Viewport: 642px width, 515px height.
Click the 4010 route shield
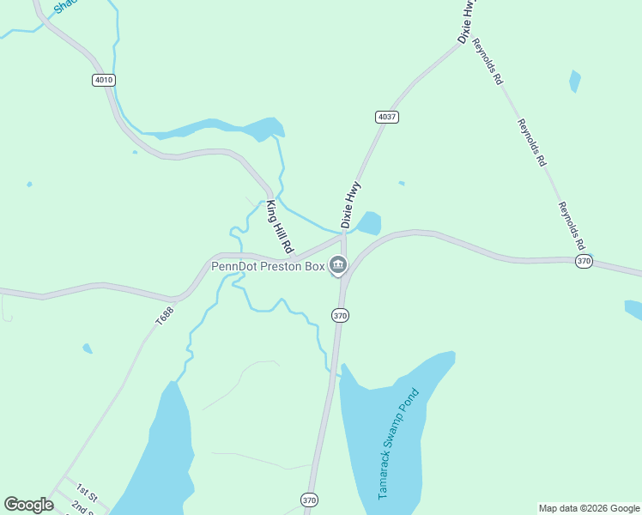(x=103, y=80)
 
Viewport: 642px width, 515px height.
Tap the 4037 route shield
(x=386, y=116)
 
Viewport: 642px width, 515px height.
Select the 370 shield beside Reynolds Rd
(x=584, y=261)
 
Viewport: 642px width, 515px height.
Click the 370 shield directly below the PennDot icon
(x=340, y=316)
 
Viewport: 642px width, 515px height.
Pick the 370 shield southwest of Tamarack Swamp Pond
(x=309, y=499)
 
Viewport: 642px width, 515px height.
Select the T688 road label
(x=164, y=315)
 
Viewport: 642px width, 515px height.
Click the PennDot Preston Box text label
(x=268, y=266)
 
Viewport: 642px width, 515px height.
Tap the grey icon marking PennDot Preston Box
(x=337, y=266)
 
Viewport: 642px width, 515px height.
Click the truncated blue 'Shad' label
(x=64, y=7)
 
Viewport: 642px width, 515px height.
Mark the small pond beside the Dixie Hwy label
(x=369, y=223)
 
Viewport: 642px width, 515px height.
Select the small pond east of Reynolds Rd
(x=574, y=82)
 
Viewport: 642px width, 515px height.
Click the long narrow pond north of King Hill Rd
(x=219, y=130)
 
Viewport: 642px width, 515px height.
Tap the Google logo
(x=29, y=505)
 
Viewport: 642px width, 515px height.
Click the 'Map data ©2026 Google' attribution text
(x=589, y=508)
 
